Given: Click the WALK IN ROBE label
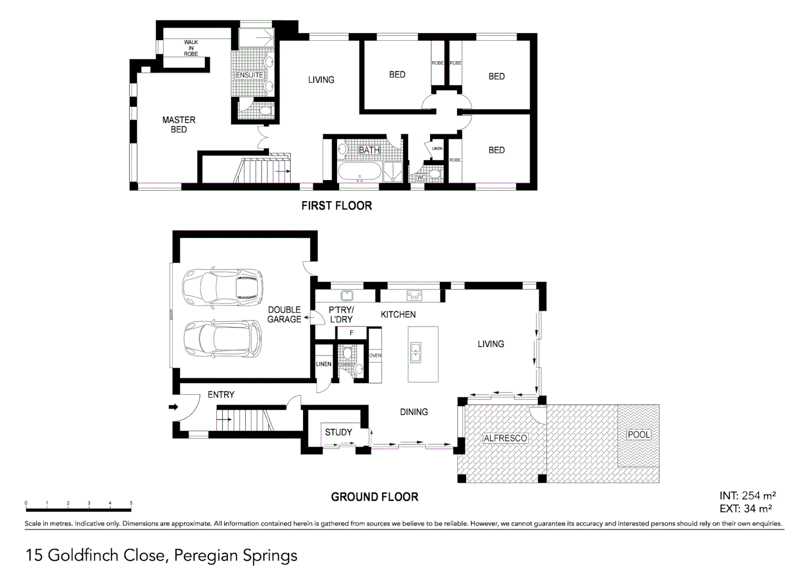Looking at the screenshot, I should (x=191, y=48).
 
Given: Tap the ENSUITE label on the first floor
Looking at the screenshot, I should (x=249, y=75).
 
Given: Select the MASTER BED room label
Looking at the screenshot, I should (x=179, y=124).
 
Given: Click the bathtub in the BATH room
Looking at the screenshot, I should (x=359, y=173).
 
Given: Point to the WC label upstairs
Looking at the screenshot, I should (x=421, y=177).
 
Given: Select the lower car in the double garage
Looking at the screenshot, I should (x=223, y=339).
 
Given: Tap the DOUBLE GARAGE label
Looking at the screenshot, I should (x=284, y=314).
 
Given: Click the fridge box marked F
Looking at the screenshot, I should (x=351, y=333).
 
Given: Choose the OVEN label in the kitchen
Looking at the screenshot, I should (x=375, y=355).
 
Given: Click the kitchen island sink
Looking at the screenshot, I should (x=415, y=353).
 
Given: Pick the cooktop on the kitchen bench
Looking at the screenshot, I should (x=414, y=295).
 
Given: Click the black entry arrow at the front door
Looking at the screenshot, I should (x=173, y=407).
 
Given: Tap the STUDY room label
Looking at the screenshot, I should (x=339, y=432).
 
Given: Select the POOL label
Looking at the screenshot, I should (x=638, y=434).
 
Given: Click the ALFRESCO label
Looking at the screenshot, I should (x=505, y=438).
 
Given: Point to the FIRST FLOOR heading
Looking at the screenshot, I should (x=336, y=205).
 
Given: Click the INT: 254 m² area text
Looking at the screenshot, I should (x=747, y=496).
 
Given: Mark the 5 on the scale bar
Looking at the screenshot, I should (x=131, y=503).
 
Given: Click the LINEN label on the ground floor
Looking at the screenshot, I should (x=324, y=364).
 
